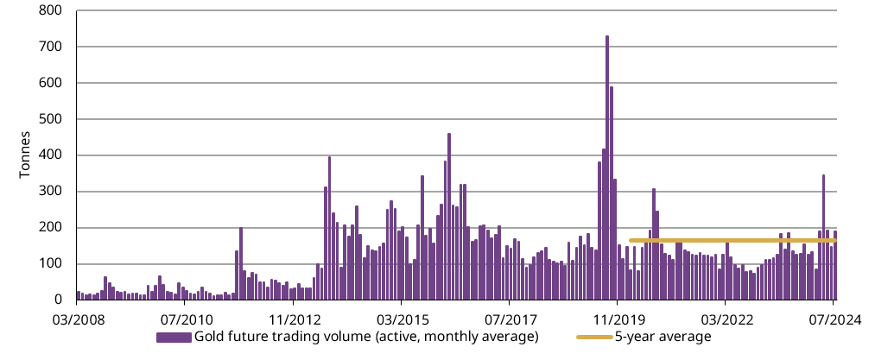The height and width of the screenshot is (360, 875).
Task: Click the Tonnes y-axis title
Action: point(25,155)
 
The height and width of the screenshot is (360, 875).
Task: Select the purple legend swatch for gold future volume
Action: point(174,337)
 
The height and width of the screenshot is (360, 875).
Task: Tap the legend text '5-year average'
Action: point(663,337)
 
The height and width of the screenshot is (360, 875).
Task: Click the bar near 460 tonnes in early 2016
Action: point(449,217)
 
